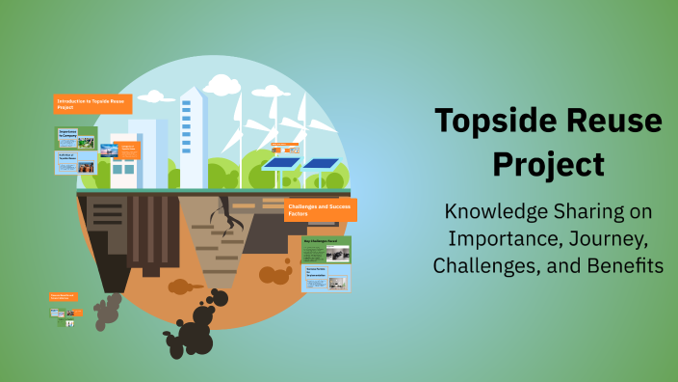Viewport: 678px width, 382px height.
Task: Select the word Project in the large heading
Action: pyautogui.click(x=548, y=163)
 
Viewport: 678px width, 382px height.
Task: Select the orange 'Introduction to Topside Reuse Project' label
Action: pyautogui.click(x=92, y=103)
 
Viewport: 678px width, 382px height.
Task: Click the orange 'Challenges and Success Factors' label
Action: pyautogui.click(x=321, y=209)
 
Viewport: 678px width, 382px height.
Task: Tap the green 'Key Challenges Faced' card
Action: pyautogui.click(x=326, y=250)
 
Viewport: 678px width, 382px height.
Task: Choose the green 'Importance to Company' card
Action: pyautogui.click(x=76, y=137)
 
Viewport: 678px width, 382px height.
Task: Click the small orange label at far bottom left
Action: pyautogui.click(x=64, y=297)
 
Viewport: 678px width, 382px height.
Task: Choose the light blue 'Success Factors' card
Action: pyautogui.click(x=326, y=279)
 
